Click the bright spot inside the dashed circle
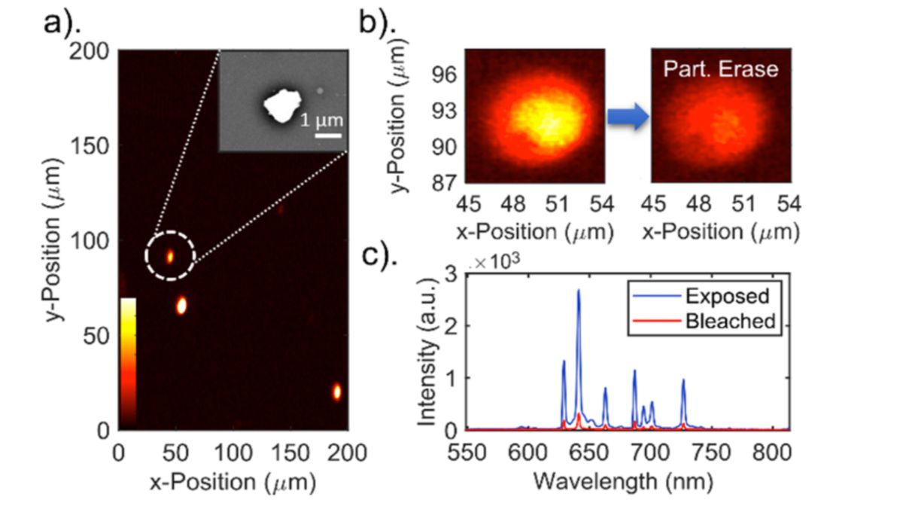tap(170, 256)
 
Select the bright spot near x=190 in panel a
tap(336, 392)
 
